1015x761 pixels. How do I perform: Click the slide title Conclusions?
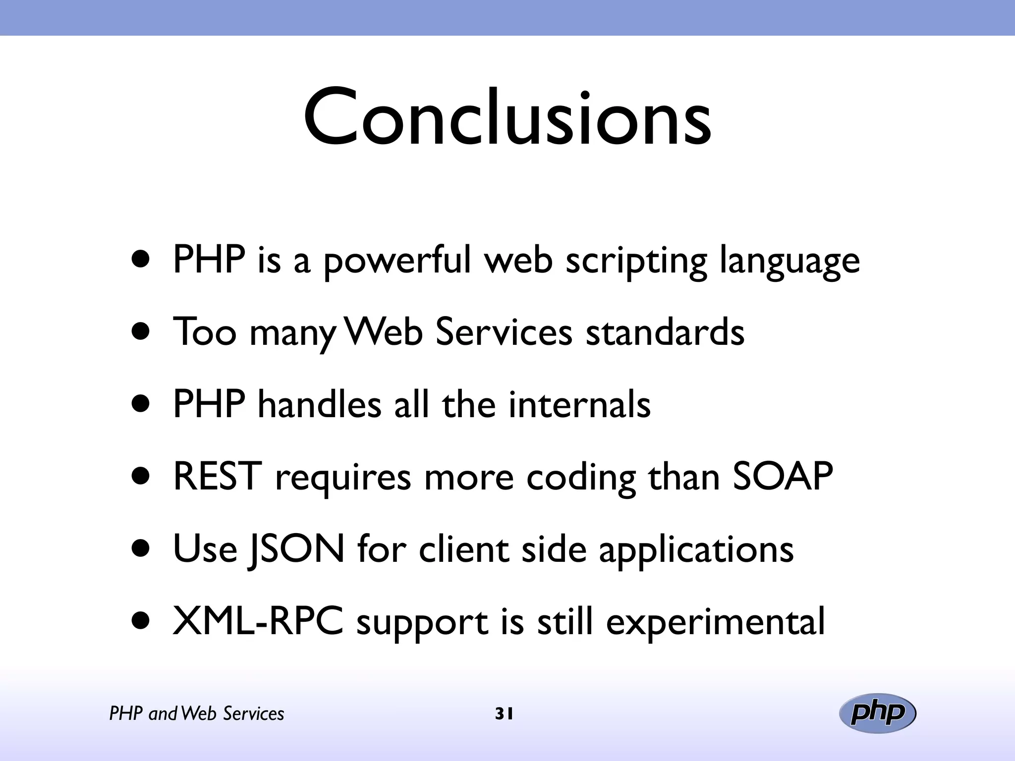507,117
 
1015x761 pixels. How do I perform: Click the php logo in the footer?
877,713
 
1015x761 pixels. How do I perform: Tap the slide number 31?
504,714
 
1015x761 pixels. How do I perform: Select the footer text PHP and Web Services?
197,714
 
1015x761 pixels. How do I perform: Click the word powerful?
396,261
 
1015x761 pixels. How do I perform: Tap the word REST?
217,477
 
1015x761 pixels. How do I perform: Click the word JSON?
296,549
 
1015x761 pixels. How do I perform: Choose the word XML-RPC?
258,621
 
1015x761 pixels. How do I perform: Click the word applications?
696,550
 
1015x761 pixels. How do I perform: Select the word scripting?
636,262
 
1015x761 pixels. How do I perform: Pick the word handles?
319,404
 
